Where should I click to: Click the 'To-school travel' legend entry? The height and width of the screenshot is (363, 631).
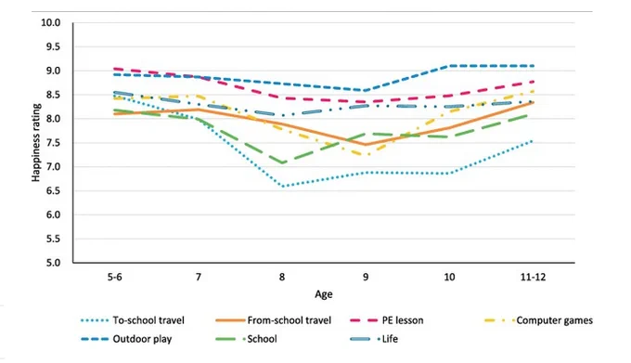[x=133, y=320]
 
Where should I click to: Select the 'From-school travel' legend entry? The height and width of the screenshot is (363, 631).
[x=273, y=320]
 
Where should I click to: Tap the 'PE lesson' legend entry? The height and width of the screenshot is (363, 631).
[x=387, y=320]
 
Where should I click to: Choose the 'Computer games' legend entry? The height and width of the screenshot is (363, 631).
[x=538, y=320]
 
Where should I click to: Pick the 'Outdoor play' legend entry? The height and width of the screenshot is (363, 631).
[x=126, y=339]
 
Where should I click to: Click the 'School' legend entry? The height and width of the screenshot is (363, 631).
[x=246, y=339]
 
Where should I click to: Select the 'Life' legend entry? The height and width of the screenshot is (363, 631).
[x=374, y=339]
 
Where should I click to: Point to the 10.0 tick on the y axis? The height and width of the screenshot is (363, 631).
[x=51, y=23]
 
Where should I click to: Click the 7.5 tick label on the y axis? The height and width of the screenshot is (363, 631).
[x=52, y=143]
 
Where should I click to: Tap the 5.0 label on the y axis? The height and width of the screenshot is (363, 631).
[x=52, y=263]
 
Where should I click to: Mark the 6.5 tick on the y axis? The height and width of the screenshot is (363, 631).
[x=52, y=190]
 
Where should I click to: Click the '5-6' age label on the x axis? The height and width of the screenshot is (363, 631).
[x=115, y=278]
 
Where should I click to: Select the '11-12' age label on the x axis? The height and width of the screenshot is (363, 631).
[x=534, y=278]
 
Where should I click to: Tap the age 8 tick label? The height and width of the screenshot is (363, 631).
[x=282, y=278]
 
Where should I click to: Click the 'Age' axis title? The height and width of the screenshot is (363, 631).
[x=324, y=294]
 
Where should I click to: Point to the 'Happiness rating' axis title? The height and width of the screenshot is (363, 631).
[x=36, y=143]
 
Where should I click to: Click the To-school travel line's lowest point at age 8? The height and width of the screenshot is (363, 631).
[x=283, y=187]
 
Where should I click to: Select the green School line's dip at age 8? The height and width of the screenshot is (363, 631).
[x=283, y=163]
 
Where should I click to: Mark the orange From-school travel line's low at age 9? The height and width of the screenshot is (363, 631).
[x=366, y=145]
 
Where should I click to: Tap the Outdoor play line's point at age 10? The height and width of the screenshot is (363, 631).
[x=449, y=66]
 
